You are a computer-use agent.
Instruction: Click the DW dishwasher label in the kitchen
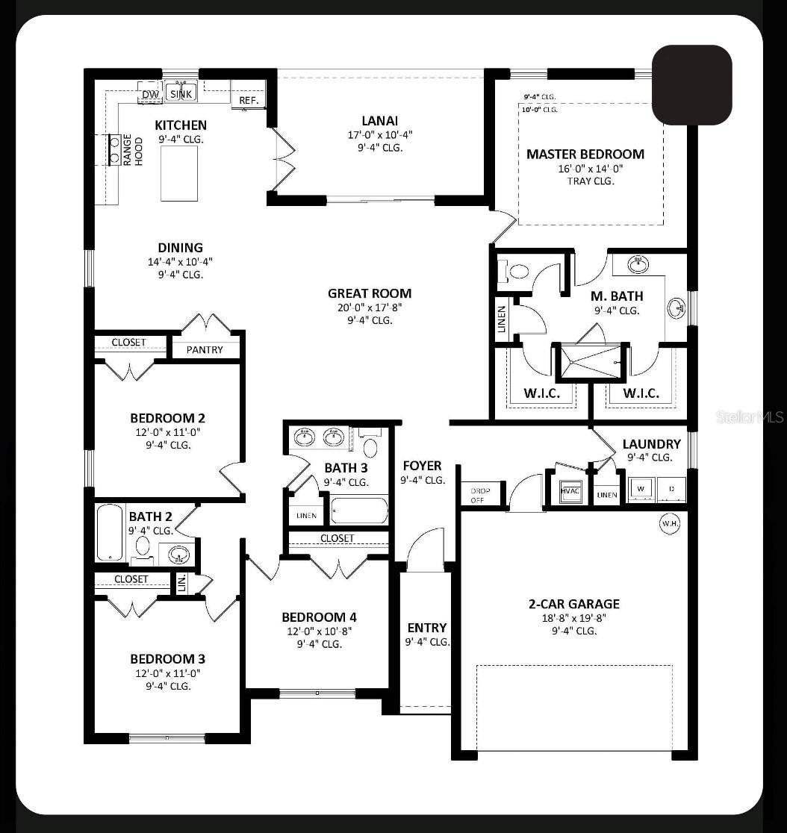[150, 95]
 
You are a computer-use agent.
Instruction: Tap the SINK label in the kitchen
[181, 93]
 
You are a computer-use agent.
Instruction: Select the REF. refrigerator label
[248, 101]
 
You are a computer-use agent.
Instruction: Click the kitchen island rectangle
[179, 173]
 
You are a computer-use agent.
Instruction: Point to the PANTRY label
[205, 349]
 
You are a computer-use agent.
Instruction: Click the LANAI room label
[380, 121]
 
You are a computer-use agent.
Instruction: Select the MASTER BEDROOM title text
[585, 155]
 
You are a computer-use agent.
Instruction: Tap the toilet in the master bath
[514, 272]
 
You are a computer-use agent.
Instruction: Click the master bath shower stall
[591, 362]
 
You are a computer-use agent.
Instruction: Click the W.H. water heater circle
[669, 524]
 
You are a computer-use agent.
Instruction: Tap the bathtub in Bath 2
[111, 533]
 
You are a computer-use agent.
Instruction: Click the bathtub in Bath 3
[359, 511]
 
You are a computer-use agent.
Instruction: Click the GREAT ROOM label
[370, 293]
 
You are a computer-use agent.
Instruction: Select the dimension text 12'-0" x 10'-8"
[319, 631]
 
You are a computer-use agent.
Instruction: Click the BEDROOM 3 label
[167, 659]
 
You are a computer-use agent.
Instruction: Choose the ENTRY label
[427, 628]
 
